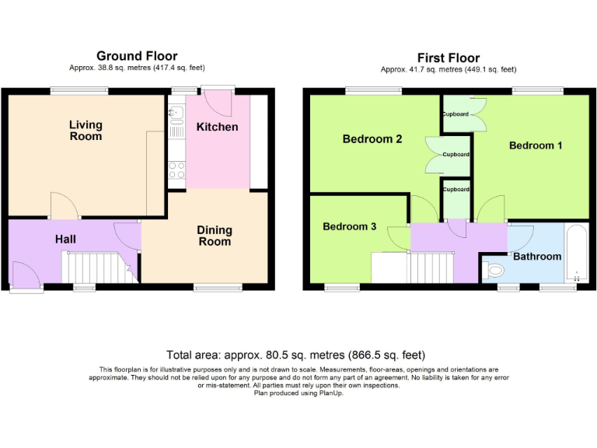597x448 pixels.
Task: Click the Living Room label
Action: [86, 131]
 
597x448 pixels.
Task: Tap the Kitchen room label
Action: [217, 127]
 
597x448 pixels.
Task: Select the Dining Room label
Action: [214, 236]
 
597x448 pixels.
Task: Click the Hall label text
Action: [65, 240]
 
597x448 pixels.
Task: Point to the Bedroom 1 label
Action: [536, 145]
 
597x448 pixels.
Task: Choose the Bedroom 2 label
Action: [372, 139]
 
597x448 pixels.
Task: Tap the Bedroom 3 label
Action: [350, 227]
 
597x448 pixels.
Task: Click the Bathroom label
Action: [536, 256]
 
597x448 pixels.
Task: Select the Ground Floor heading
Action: [137, 56]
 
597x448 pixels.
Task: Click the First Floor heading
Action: [449, 58]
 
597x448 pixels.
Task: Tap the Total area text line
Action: [296, 355]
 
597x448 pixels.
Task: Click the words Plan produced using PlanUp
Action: [298, 393]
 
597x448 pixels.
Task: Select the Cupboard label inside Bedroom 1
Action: [456, 114]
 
